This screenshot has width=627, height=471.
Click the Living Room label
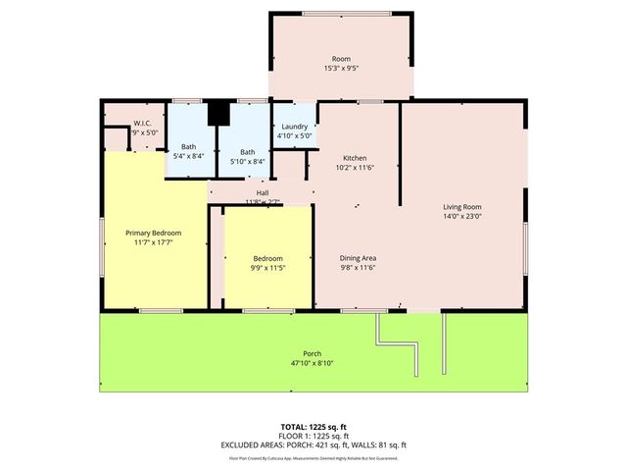tap(461, 207)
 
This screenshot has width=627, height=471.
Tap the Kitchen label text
tap(354, 158)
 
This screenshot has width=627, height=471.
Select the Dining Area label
tap(359, 257)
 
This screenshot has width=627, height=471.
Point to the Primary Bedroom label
tap(153, 233)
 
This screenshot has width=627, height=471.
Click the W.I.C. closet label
tap(143, 123)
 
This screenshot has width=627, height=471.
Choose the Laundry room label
tap(295, 127)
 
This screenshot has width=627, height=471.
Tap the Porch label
tap(313, 353)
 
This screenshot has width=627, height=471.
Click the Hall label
tap(262, 193)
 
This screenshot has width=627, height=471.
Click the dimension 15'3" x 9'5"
tap(341, 69)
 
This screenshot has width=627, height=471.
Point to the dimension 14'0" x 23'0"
tap(461, 217)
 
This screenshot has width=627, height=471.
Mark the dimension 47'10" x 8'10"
tap(313, 363)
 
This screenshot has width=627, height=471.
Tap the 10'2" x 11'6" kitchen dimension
tap(354, 168)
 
